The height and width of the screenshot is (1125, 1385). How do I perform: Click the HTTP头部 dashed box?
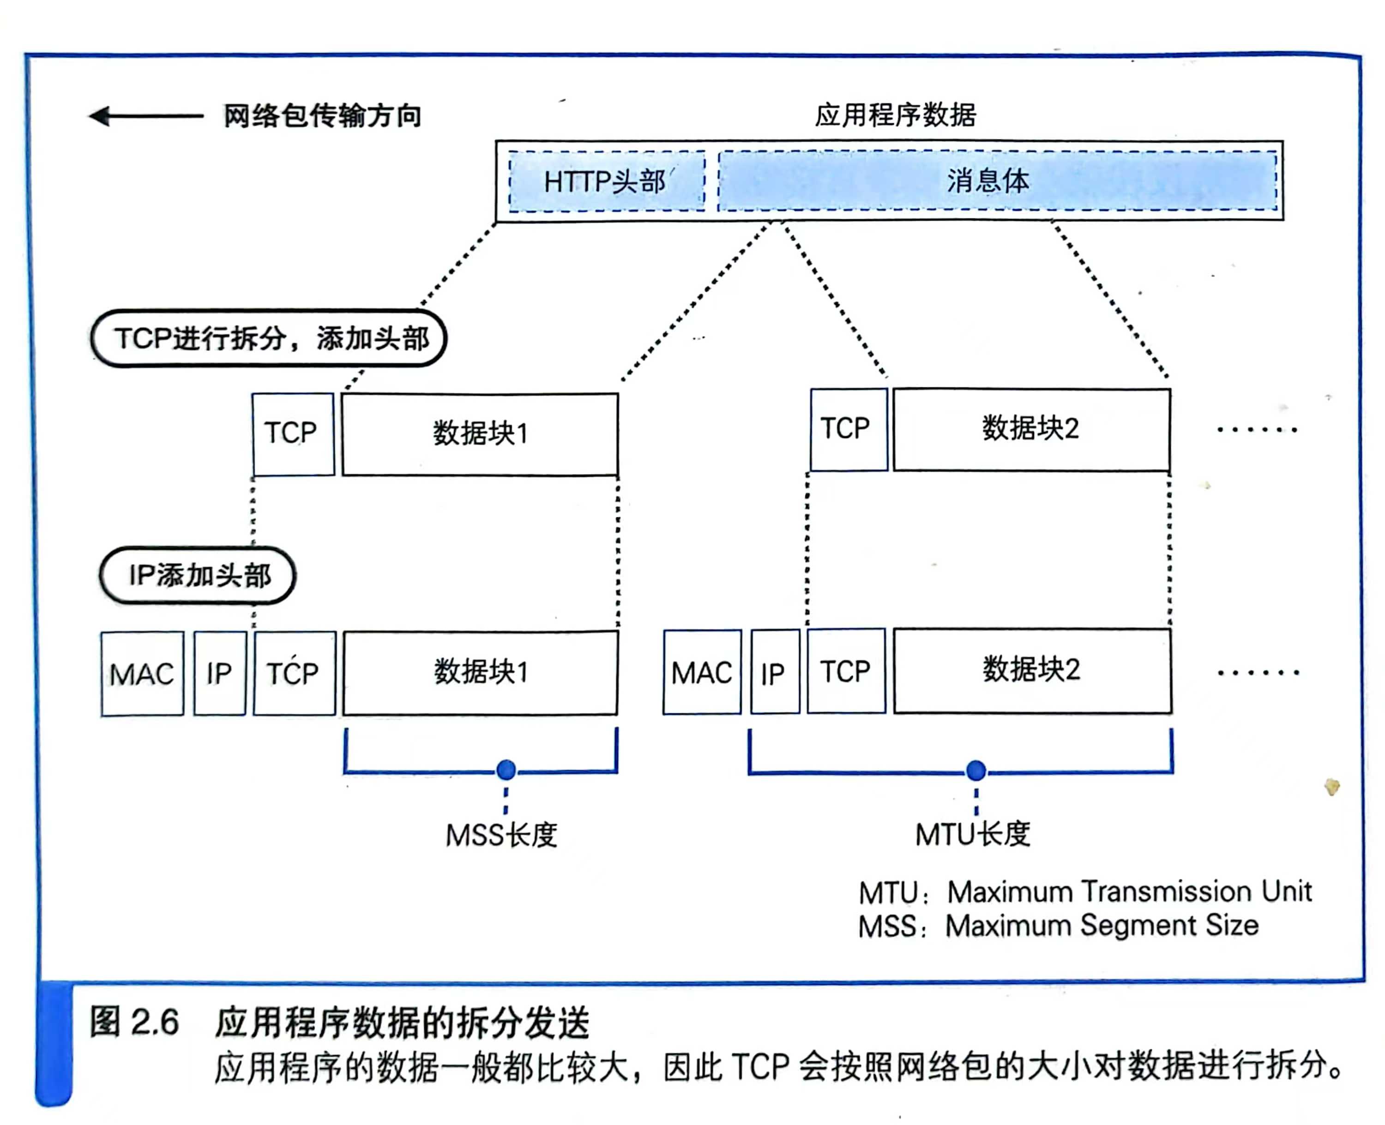click(x=606, y=181)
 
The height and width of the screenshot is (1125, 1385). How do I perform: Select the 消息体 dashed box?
click(x=997, y=181)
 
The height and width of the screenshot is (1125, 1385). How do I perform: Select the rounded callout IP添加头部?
click(x=198, y=576)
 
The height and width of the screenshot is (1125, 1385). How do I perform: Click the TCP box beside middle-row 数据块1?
click(x=293, y=433)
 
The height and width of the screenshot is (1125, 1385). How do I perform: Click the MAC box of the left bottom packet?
click(x=142, y=674)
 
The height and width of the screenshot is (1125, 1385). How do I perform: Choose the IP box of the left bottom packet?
click(x=220, y=674)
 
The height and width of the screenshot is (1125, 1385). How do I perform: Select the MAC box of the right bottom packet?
click(x=702, y=672)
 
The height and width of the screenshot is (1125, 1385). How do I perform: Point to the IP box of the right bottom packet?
click(x=775, y=672)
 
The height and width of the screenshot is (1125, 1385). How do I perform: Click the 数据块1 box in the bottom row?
click(x=480, y=673)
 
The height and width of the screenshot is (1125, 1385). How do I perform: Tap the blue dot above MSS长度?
click(x=506, y=770)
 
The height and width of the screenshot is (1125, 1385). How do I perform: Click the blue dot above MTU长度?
click(x=976, y=770)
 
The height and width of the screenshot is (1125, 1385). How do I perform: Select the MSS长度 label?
click(x=501, y=835)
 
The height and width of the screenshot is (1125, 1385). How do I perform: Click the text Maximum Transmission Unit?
click(x=1129, y=892)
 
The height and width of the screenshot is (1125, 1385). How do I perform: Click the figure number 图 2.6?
click(x=134, y=1023)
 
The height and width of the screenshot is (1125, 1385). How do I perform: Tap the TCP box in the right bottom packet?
click(x=846, y=671)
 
